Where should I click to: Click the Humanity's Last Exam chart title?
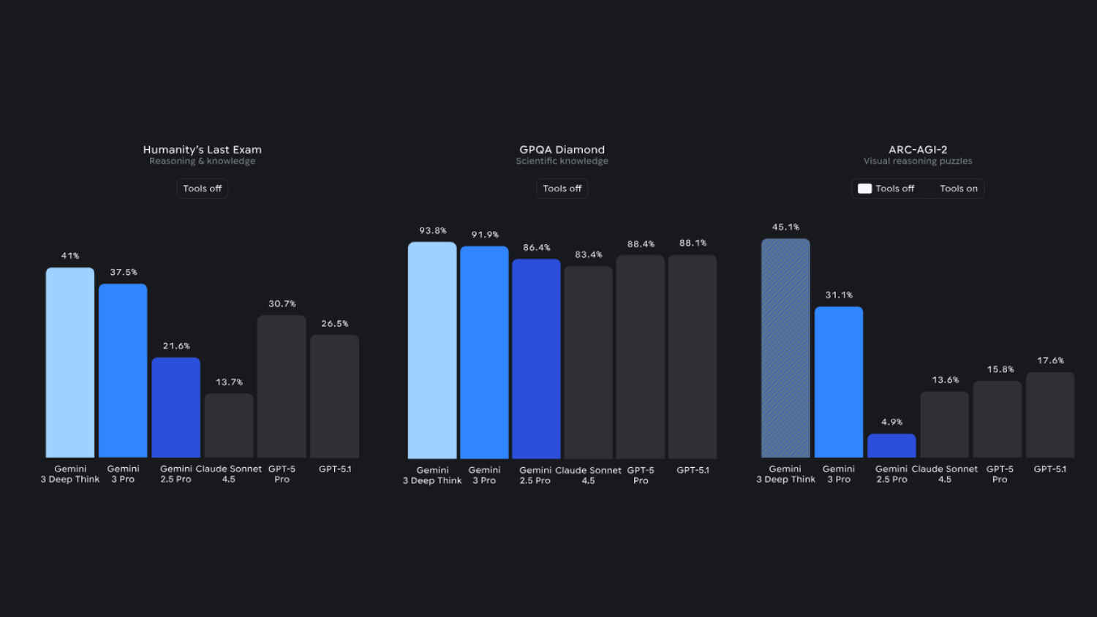click(x=202, y=149)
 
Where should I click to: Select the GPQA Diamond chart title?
click(x=562, y=149)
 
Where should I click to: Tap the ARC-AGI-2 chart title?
click(x=918, y=149)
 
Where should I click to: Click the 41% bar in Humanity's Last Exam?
click(x=70, y=363)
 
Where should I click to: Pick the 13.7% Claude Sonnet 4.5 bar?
click(x=229, y=425)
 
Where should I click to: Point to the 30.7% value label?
click(x=282, y=303)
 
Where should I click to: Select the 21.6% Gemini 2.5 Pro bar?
click(x=176, y=407)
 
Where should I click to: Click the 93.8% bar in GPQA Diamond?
click(x=432, y=350)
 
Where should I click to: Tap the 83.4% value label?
click(x=588, y=254)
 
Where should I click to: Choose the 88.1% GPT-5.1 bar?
click(x=693, y=357)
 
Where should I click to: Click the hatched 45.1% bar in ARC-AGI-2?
click(x=785, y=348)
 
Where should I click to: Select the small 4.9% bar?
click(x=891, y=446)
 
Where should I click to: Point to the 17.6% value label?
click(x=1050, y=360)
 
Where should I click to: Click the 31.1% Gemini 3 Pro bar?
click(x=839, y=382)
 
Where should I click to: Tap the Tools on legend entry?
click(x=958, y=189)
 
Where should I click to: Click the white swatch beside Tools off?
click(x=864, y=189)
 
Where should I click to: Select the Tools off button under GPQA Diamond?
click(x=562, y=189)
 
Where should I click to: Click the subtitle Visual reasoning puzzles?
click(x=918, y=161)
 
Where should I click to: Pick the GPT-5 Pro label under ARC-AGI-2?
click(x=1000, y=474)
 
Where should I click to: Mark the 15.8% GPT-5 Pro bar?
click(x=998, y=419)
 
